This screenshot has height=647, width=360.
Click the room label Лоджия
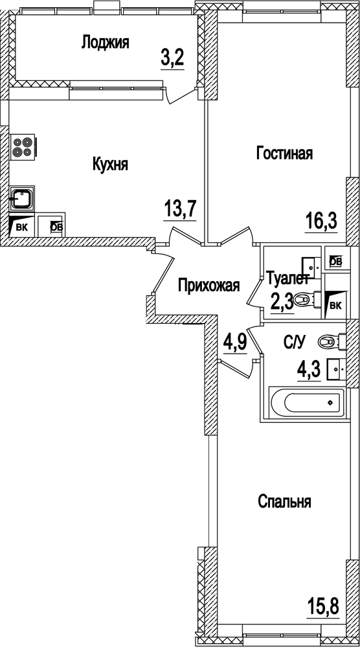[x=105, y=43]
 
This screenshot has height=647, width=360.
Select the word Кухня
[x=110, y=165]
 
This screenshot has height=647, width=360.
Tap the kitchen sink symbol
[x=22, y=197]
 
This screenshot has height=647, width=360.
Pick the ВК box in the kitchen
[x=21, y=226]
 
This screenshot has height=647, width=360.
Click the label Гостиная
[x=285, y=153]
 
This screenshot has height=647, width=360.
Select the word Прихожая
[x=209, y=285]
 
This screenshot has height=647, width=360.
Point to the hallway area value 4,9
[x=234, y=341]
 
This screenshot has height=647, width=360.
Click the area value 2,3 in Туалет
[x=282, y=302]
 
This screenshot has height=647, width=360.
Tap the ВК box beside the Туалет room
[x=335, y=304]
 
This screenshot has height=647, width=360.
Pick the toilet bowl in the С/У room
[x=335, y=339]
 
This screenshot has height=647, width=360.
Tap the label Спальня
[x=285, y=501]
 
